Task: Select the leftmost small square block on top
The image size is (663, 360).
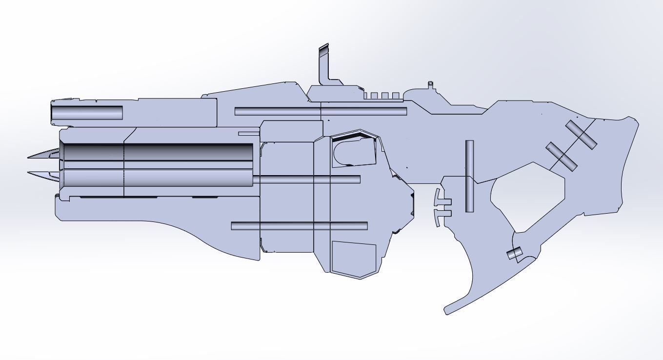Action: pos(374,96)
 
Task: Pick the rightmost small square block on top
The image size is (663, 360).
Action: pos(395,96)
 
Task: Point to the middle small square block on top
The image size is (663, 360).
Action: pos(384,96)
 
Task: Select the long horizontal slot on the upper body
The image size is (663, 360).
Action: pos(321,112)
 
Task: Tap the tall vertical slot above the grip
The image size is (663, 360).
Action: pos(469,176)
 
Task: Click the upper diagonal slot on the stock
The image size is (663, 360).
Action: pos(581,135)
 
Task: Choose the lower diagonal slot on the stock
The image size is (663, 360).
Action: pos(561,156)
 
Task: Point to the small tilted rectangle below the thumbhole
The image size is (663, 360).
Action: pos(514,254)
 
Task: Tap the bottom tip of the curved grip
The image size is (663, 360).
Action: pos(447,310)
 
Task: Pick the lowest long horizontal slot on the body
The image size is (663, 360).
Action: pos(299,226)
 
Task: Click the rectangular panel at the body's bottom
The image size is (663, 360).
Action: pos(354,258)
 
